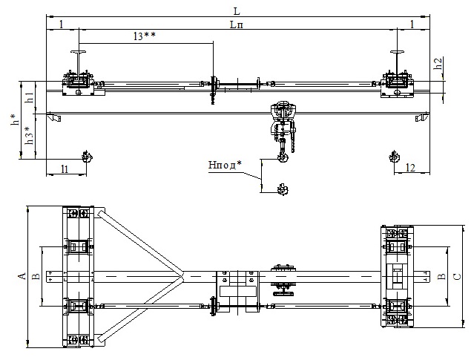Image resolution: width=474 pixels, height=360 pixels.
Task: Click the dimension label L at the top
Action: (x=237, y=11)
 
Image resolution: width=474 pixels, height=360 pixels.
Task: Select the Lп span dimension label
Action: (x=237, y=24)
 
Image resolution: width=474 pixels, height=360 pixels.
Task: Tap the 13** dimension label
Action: (x=144, y=36)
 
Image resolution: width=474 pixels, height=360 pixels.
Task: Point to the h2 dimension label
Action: (x=438, y=64)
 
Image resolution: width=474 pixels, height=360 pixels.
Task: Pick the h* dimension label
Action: (x=16, y=120)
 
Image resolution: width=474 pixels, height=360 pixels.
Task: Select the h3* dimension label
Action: (x=30, y=136)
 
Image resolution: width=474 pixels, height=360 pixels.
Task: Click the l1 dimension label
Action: (x=65, y=168)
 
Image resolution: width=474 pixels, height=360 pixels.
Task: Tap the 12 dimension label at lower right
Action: (x=410, y=168)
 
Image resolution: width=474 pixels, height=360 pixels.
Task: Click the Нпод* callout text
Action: (x=225, y=165)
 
